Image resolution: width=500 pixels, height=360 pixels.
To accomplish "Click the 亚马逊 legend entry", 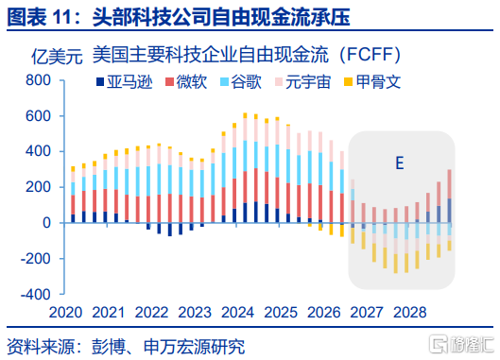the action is click(125, 82).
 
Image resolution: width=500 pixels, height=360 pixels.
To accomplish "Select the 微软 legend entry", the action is click(186, 82).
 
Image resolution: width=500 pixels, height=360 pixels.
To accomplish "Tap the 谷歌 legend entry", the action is click(241, 82).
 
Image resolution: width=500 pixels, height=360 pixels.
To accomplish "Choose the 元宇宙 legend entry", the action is click(303, 82).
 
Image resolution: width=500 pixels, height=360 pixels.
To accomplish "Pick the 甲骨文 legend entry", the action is click(372, 82).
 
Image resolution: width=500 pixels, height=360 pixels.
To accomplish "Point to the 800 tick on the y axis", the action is click(38, 80).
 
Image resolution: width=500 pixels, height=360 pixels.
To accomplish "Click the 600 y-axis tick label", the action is click(38, 116).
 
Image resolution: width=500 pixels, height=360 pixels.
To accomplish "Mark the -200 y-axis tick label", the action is click(35, 259).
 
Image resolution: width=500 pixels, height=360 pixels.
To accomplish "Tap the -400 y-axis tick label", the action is click(35, 294).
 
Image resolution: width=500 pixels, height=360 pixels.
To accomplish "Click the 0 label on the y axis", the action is click(47, 223).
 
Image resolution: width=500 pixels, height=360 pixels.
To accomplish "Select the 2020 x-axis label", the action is click(65, 313).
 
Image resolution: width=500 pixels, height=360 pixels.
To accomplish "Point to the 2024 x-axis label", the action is click(237, 313).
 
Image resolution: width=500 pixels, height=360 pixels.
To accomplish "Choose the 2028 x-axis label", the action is click(410, 313).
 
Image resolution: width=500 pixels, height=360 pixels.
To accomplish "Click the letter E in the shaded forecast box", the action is click(400, 163).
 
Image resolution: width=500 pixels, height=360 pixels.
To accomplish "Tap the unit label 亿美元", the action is click(57, 57).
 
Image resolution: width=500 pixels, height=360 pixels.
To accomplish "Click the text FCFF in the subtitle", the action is click(370, 55).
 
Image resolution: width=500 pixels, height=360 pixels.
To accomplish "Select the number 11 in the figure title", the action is click(61, 17).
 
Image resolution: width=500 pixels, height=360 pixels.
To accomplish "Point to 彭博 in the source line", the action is click(109, 347).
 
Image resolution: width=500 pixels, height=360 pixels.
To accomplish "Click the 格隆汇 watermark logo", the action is click(462, 344).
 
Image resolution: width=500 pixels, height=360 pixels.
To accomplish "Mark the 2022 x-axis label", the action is click(151, 313).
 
